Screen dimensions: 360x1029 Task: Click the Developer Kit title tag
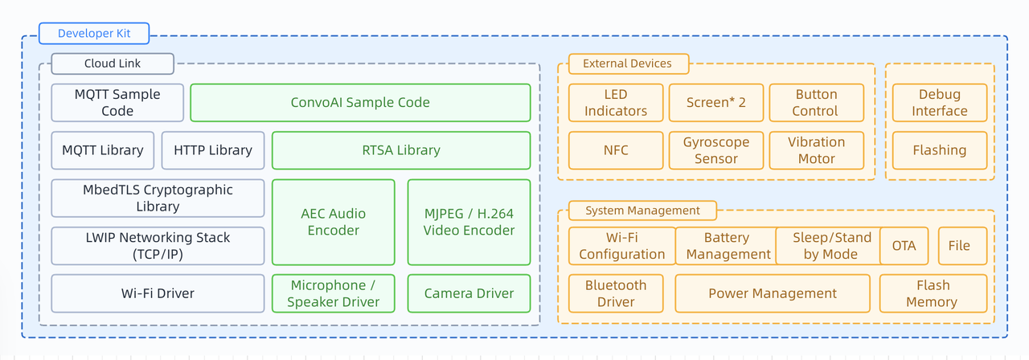[94, 34]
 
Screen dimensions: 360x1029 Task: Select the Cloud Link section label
[113, 63]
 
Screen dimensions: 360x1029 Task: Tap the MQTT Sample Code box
[117, 103]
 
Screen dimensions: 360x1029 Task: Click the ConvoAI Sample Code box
[360, 103]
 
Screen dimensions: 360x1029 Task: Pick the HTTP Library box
[213, 150]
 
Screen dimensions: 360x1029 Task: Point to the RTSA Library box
[401, 150]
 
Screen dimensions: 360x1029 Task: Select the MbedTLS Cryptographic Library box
[158, 198]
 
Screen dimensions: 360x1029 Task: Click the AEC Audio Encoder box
[334, 222]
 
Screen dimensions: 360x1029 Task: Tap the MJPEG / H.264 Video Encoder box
[469, 222]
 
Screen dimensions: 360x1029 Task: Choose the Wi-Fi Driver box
[158, 293]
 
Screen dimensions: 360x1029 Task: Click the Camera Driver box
[469, 293]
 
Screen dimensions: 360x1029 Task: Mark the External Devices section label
[627, 63]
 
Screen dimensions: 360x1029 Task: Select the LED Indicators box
[616, 103]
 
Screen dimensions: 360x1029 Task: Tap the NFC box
[616, 150]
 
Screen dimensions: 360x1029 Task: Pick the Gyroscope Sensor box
[715, 150]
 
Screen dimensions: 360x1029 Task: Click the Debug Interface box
[940, 103]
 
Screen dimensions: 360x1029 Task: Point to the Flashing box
[940, 150]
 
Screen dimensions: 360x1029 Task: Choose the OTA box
[904, 246]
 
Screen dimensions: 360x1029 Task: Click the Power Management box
[773, 293]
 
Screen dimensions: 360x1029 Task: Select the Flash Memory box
[933, 293]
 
